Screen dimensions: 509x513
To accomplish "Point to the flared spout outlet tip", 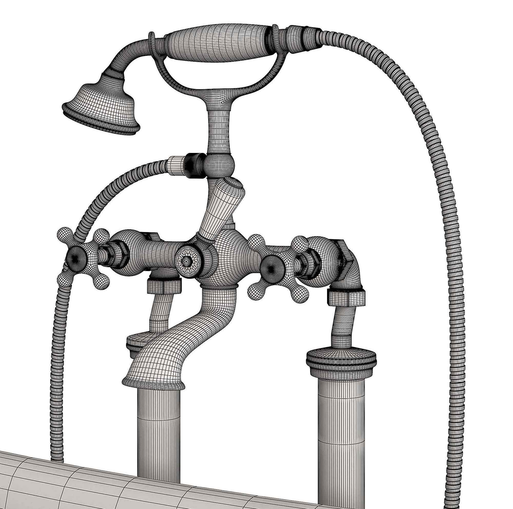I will coord(153,381).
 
